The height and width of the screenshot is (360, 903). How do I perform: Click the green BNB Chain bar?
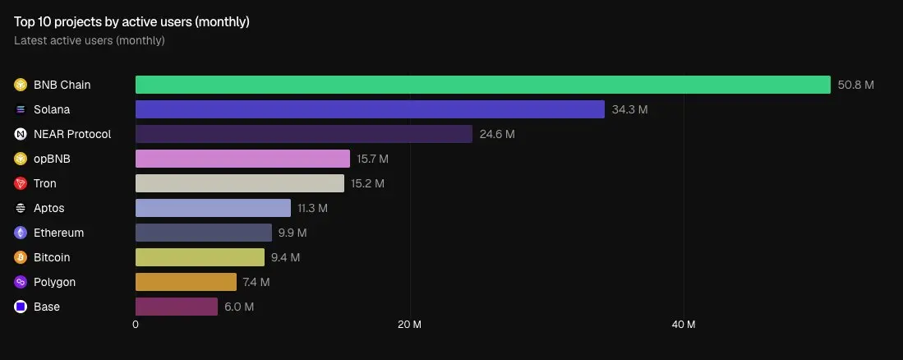(x=482, y=85)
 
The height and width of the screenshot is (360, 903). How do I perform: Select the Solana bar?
(x=370, y=109)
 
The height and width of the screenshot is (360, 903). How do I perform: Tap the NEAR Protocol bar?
(x=303, y=134)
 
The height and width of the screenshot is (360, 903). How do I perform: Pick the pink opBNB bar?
(x=242, y=159)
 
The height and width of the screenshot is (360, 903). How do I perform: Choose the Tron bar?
(x=239, y=183)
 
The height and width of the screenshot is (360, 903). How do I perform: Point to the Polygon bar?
(x=186, y=282)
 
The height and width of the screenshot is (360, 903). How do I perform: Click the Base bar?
(x=177, y=307)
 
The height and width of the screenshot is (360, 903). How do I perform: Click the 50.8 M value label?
(x=855, y=85)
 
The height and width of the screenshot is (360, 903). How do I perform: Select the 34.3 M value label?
(x=629, y=109)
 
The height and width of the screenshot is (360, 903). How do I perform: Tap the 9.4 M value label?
(x=285, y=257)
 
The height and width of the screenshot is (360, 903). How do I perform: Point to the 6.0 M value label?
(x=239, y=307)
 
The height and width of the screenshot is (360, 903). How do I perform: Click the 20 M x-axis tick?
(x=409, y=325)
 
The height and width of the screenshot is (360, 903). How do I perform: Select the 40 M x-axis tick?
(x=684, y=325)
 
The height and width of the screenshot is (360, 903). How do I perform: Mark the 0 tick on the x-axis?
(x=136, y=325)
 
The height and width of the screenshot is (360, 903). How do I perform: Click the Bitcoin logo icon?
(x=21, y=257)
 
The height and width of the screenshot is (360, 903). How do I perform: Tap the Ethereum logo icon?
(x=21, y=233)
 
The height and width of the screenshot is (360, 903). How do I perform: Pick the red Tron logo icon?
(x=21, y=183)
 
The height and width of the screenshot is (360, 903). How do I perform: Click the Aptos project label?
(x=48, y=208)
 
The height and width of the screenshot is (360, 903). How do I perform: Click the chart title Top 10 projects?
(x=131, y=22)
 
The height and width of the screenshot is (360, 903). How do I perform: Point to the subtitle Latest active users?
(x=90, y=40)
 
